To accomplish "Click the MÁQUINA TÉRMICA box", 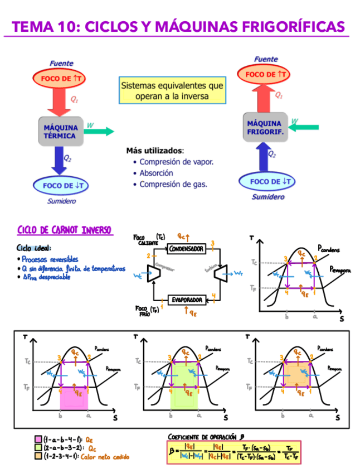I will [61, 131].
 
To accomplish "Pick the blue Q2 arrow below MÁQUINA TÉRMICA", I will [57, 159].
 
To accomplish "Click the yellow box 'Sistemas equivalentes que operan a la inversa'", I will [172, 91].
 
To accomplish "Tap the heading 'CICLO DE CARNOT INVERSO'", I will [65, 230].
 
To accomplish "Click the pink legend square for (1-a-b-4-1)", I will [38, 440].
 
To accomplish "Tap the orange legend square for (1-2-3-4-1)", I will [38, 456].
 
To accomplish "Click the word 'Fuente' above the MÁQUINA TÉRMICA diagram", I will [61, 64].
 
